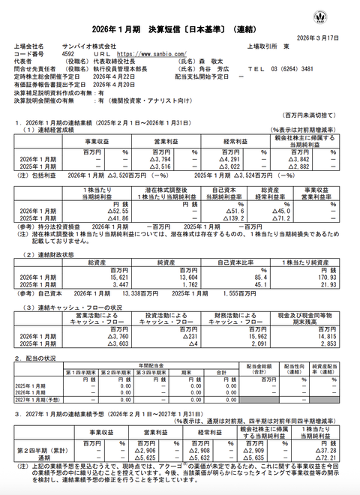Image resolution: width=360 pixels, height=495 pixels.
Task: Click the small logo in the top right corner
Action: tap(342, 14)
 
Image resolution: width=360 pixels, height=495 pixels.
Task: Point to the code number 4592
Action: tap(67, 54)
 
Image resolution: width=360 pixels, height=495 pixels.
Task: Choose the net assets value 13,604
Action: tap(164, 256)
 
